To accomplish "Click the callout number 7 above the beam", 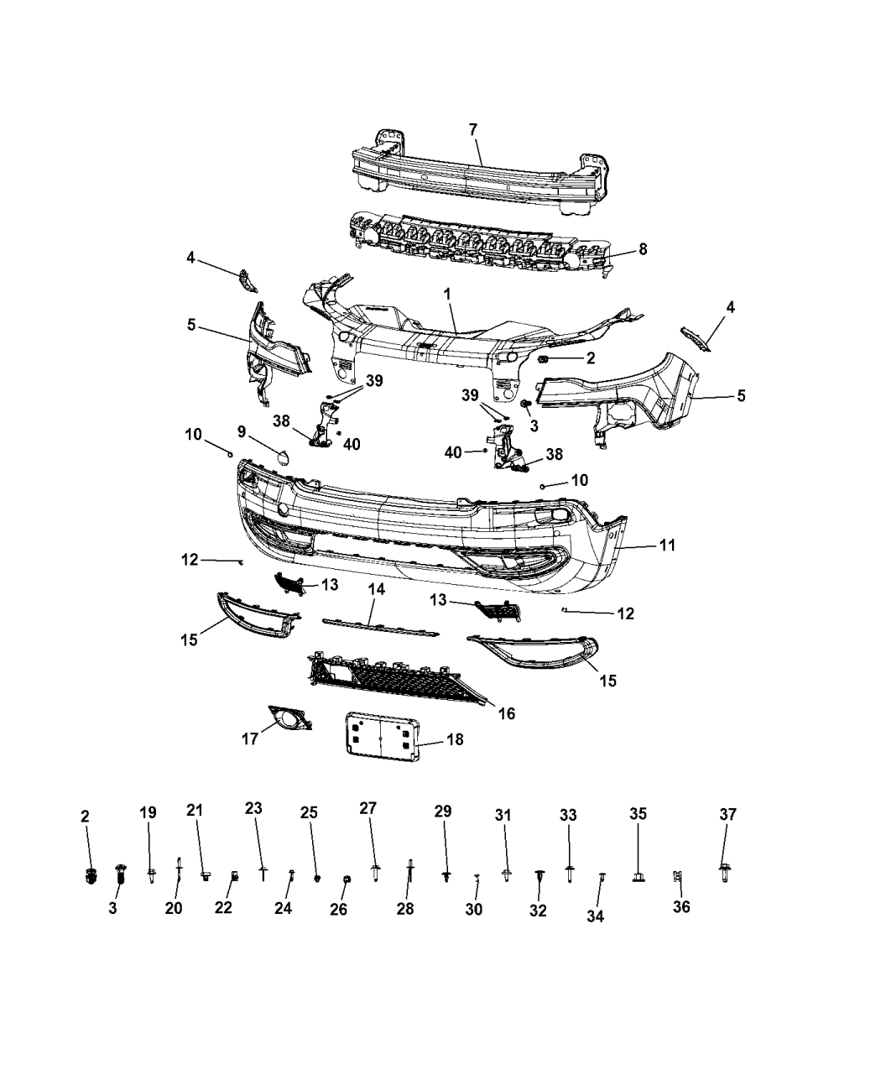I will coord(473,129).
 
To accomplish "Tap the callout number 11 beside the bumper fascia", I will coord(667,545).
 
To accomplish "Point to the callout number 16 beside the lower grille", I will coord(506,713).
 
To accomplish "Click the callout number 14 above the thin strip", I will coord(377,590).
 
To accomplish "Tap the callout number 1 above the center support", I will coord(447,295).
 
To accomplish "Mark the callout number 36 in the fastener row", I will coord(681,907).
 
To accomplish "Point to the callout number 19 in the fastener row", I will coord(148,812).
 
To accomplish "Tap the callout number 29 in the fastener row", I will coord(443,811).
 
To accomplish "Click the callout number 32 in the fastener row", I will coord(538,911).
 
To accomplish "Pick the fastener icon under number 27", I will coord(374,873).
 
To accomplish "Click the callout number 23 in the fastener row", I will coord(253,808).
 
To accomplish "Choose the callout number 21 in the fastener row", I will coord(195,810).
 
